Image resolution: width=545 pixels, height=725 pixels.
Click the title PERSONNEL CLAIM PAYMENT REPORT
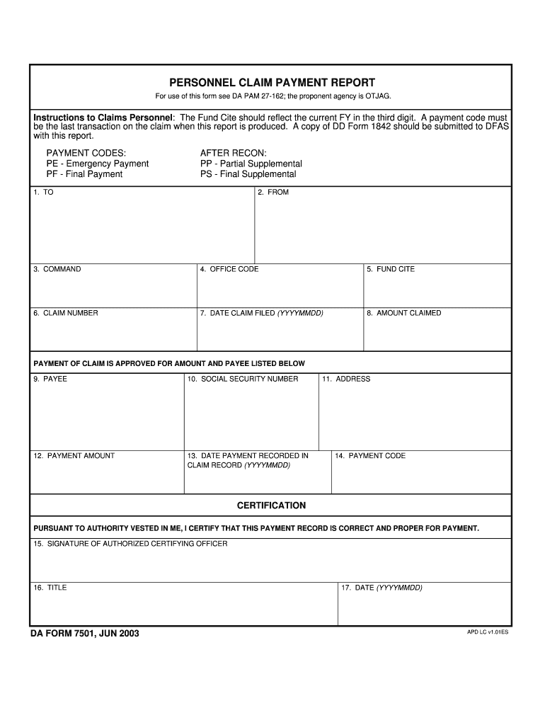(272, 83)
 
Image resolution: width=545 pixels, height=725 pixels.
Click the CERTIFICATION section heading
(271, 506)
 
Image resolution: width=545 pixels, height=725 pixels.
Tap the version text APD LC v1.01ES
(487, 632)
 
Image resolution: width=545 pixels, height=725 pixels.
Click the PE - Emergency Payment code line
(98, 164)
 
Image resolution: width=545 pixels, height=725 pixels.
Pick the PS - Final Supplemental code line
(248, 174)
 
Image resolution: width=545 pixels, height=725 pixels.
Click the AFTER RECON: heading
(234, 153)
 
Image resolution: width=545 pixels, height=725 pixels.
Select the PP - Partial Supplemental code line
(251, 164)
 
